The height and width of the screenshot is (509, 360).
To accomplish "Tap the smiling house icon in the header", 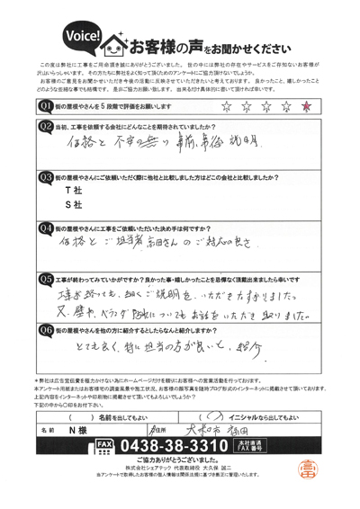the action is coord(118,41).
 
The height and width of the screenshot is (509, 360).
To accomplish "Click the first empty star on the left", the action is coord(226,107).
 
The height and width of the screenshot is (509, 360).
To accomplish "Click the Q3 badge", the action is coord(46,177).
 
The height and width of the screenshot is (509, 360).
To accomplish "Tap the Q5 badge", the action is coord(46,280).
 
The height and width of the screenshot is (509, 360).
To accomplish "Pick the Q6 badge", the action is coord(46,332).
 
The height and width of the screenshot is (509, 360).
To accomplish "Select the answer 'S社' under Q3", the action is coord(58,208).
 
